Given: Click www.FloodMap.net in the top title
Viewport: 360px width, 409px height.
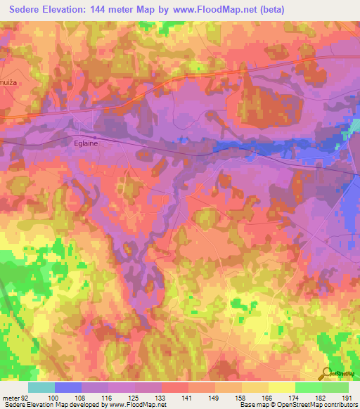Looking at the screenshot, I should click(231, 11).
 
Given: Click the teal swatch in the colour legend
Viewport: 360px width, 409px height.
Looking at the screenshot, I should click(41, 387).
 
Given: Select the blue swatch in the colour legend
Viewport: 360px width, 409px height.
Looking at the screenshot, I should click(68, 387).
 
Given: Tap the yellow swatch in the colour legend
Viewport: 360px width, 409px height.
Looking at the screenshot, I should click(281, 387).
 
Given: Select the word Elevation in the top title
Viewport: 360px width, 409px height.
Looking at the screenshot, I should click(75, 11).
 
